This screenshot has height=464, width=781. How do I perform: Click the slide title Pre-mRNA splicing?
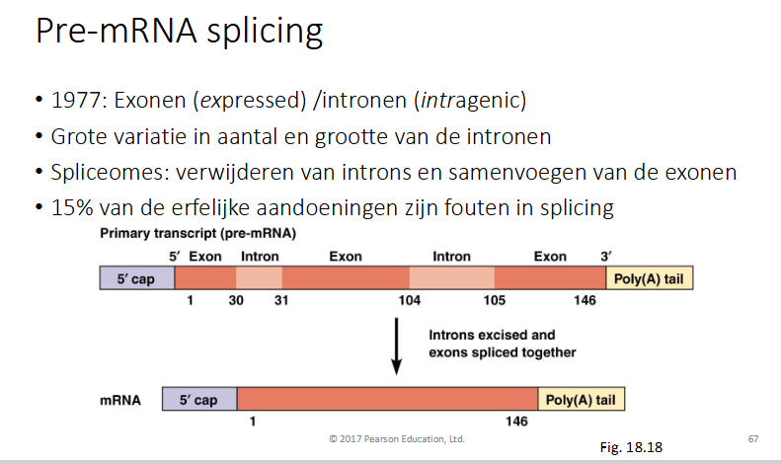tap(179, 33)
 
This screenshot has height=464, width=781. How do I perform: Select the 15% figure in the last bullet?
tap(67, 208)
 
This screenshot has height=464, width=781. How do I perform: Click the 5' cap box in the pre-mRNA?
tap(136, 279)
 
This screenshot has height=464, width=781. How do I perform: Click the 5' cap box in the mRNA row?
tap(198, 400)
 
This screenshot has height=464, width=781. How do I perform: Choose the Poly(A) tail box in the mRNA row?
tap(582, 400)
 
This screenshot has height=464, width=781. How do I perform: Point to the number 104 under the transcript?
tap(409, 301)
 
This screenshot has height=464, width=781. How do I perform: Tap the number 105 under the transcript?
tap(495, 301)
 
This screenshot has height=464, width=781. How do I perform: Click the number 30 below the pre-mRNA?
tap(237, 301)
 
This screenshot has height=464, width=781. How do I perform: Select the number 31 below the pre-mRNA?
tap(281, 301)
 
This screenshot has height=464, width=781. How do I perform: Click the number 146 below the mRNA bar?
tap(516, 422)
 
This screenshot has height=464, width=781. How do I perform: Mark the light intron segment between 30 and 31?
tap(260, 279)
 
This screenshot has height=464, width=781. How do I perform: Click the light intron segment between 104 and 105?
tap(451, 279)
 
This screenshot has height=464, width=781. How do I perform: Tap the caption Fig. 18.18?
tap(631, 447)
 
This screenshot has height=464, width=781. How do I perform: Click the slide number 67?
tap(753, 437)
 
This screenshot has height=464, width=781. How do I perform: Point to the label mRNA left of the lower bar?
tap(121, 401)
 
